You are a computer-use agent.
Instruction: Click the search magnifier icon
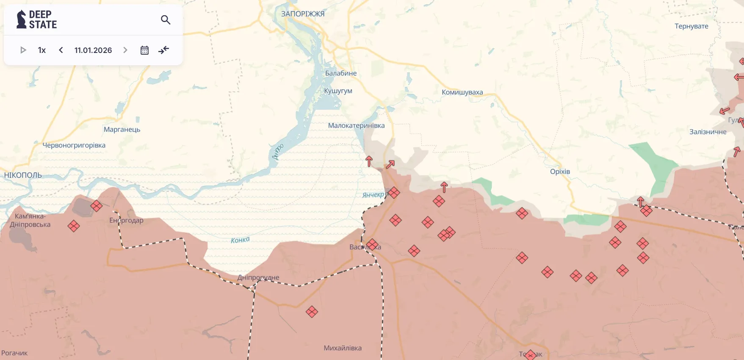(166, 20)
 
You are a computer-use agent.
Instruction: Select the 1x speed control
(42, 50)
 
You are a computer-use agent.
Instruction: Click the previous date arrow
(61, 50)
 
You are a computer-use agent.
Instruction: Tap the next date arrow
(125, 50)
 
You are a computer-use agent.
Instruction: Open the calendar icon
(144, 50)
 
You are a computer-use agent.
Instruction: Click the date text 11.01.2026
(93, 50)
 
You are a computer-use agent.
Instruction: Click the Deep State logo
(36, 19)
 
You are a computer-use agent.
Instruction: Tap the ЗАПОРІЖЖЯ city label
(303, 14)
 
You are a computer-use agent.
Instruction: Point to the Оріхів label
(560, 172)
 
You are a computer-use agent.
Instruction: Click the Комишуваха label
(462, 92)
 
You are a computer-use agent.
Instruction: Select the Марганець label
(122, 130)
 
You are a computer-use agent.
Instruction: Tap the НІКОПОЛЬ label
(23, 175)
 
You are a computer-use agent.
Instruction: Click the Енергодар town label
(126, 220)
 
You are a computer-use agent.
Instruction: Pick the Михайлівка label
(343, 348)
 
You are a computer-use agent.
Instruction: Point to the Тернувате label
(691, 26)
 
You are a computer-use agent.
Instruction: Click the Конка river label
(240, 240)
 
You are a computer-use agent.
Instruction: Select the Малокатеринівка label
(356, 126)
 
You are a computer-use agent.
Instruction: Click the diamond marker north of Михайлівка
(312, 312)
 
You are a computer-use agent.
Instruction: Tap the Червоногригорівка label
(74, 145)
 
